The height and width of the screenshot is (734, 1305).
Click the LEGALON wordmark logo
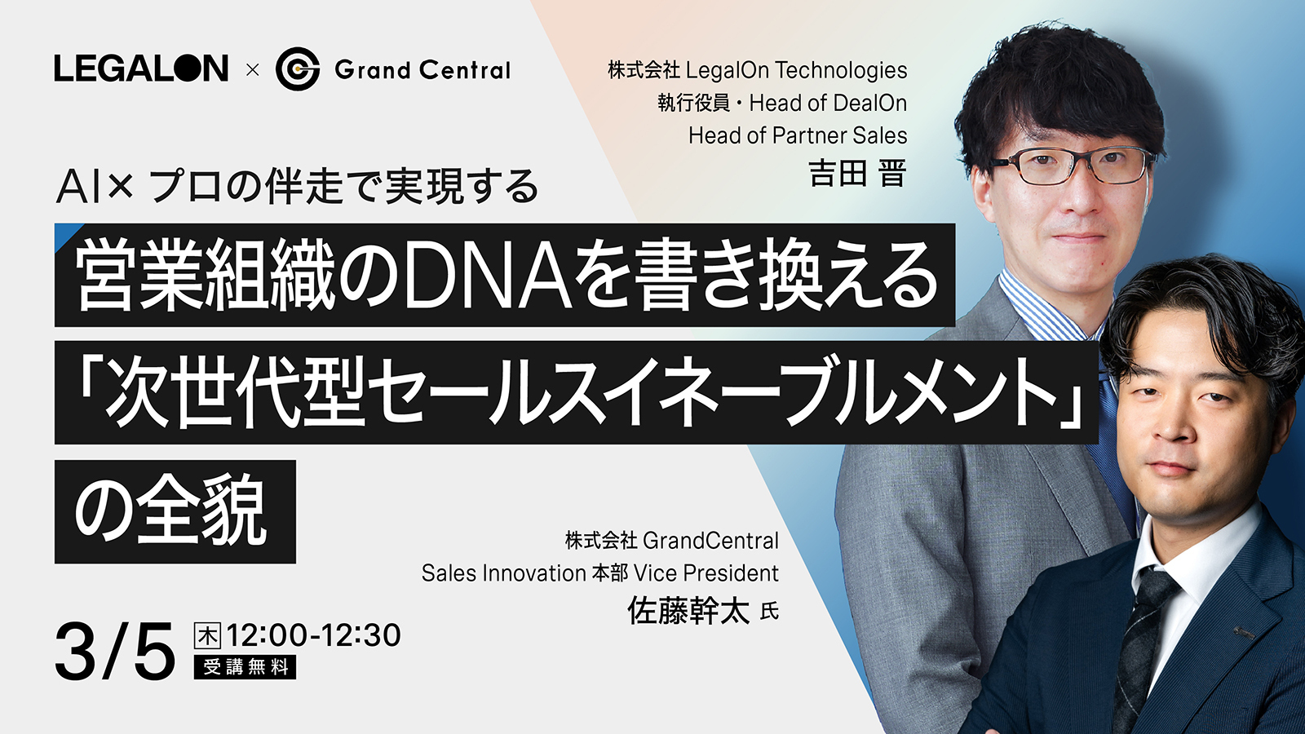[141, 69]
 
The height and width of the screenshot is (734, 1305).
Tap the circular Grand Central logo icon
[297, 69]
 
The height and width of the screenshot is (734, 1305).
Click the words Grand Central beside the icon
[422, 70]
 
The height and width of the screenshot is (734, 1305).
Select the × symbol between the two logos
[252, 70]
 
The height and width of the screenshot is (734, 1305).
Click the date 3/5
[115, 651]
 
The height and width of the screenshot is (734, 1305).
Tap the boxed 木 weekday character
[207, 635]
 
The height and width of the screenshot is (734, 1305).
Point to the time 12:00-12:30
[313, 635]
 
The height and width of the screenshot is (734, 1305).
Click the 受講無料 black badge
[245, 667]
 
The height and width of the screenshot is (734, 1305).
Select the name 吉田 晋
[857, 174]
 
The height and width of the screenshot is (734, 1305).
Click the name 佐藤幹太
[688, 611]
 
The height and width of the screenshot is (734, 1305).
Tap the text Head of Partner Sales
[798, 135]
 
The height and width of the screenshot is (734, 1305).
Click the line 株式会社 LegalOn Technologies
[758, 70]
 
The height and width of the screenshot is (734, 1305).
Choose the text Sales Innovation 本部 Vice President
[600, 573]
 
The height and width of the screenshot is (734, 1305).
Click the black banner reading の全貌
[175, 511]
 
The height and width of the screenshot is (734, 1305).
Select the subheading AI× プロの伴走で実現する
[297, 187]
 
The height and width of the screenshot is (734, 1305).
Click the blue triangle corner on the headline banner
[66, 235]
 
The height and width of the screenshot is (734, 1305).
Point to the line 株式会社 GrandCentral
[672, 541]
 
